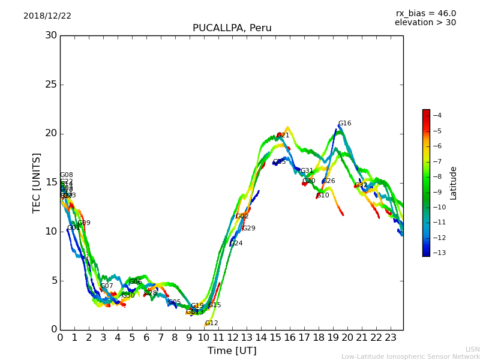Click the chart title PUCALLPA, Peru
[232, 28]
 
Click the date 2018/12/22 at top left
[47, 16]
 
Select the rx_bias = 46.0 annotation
[425, 14]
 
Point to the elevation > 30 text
[425, 23]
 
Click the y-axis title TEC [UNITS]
[37, 182]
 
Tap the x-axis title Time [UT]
[232, 351]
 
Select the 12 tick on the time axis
[232, 337]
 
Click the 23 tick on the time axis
[390, 337]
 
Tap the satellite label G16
[344, 124]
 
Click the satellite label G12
[211, 323]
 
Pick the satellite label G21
[283, 136]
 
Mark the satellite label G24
[236, 244]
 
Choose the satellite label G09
[84, 223]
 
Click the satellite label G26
[329, 181]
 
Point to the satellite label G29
[249, 229]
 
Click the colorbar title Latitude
[454, 183]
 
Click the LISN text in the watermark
[472, 349]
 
